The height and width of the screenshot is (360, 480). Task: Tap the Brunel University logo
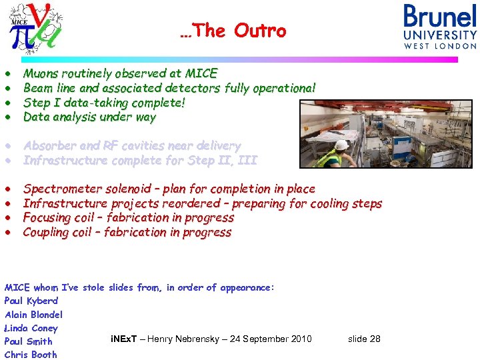pyautogui.click(x=440, y=27)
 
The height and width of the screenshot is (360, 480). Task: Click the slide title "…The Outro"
pyautogui.click(x=233, y=31)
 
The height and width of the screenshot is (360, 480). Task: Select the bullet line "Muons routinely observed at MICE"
pyautogui.click(x=120, y=73)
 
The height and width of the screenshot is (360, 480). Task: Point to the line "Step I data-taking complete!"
pyautogui.click(x=104, y=103)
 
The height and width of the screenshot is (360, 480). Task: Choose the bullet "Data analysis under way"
pyautogui.click(x=89, y=117)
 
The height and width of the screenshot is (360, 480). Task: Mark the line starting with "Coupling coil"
pyautogui.click(x=127, y=233)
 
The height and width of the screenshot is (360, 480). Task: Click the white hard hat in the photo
pyautogui.click(x=342, y=145)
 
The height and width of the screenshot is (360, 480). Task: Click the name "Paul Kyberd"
pyautogui.click(x=31, y=301)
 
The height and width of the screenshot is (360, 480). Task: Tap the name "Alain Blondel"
pyautogui.click(x=33, y=315)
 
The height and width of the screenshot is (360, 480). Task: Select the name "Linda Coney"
pyautogui.click(x=31, y=328)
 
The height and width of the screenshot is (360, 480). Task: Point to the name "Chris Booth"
pyautogui.click(x=31, y=355)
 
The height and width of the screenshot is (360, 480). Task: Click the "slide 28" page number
pyautogui.click(x=364, y=339)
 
